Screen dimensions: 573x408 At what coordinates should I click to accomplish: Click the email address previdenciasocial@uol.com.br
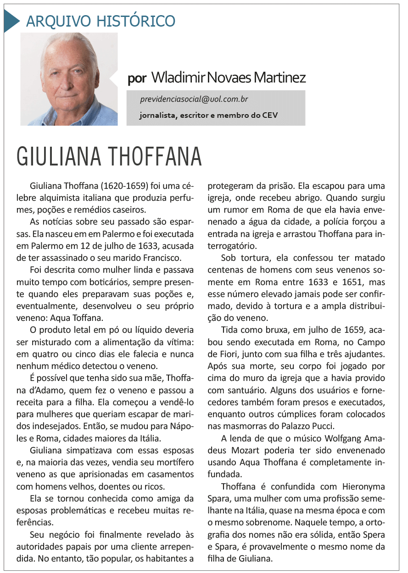pyautogui.click(x=194, y=99)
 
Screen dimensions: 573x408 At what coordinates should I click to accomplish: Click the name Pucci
pyautogui.click(x=322, y=425)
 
